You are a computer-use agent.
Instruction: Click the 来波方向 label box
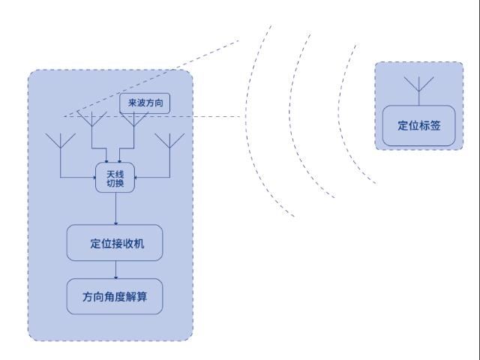pyautogui.click(x=145, y=103)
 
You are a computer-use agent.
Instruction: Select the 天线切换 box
pyautogui.click(x=115, y=178)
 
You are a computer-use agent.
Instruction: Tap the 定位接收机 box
pyautogui.click(x=115, y=243)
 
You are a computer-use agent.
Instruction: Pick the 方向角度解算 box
pyautogui.click(x=115, y=297)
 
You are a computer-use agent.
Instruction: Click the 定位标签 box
pyautogui.click(x=418, y=126)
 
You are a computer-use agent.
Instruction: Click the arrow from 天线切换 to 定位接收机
pyautogui.click(x=115, y=208)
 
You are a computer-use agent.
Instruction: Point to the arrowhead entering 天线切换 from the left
pyautogui.click(x=93, y=178)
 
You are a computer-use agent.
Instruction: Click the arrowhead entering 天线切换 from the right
pyautogui.click(x=136, y=178)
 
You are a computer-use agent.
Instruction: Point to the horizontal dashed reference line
pyautogui.click(x=187, y=117)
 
